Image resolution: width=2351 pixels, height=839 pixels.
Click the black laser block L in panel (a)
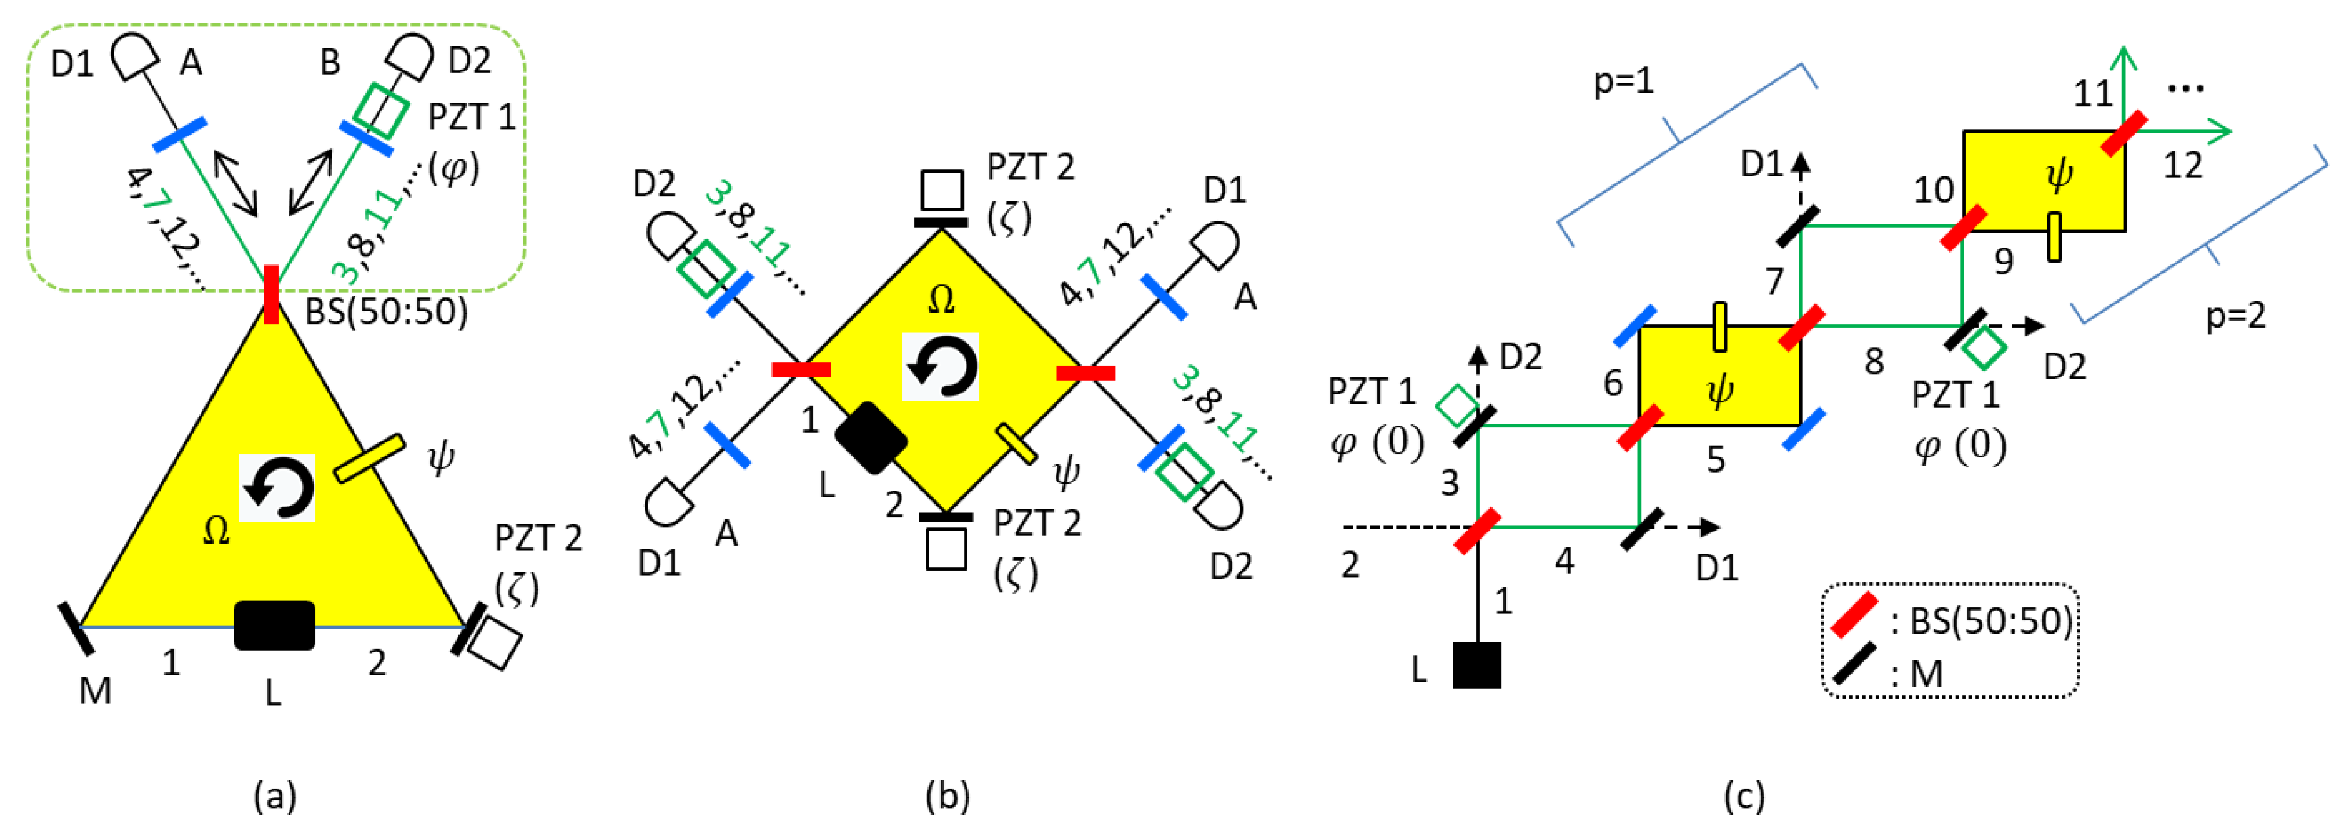click(x=274, y=626)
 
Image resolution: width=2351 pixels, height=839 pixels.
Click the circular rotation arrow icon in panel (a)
click(x=278, y=488)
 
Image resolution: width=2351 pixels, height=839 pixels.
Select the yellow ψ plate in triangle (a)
click(x=369, y=458)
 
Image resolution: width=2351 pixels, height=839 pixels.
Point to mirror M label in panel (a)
click(x=95, y=692)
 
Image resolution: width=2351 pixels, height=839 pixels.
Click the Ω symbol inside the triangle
click(x=216, y=531)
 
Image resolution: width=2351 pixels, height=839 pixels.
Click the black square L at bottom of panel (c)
click(x=1477, y=664)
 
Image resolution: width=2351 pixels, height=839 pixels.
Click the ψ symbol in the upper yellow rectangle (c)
click(x=2059, y=173)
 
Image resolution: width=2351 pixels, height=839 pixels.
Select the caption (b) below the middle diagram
click(x=947, y=796)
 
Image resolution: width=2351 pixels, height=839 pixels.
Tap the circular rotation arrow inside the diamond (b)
click(x=941, y=367)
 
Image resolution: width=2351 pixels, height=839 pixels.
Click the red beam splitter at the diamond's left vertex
click(x=801, y=370)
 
